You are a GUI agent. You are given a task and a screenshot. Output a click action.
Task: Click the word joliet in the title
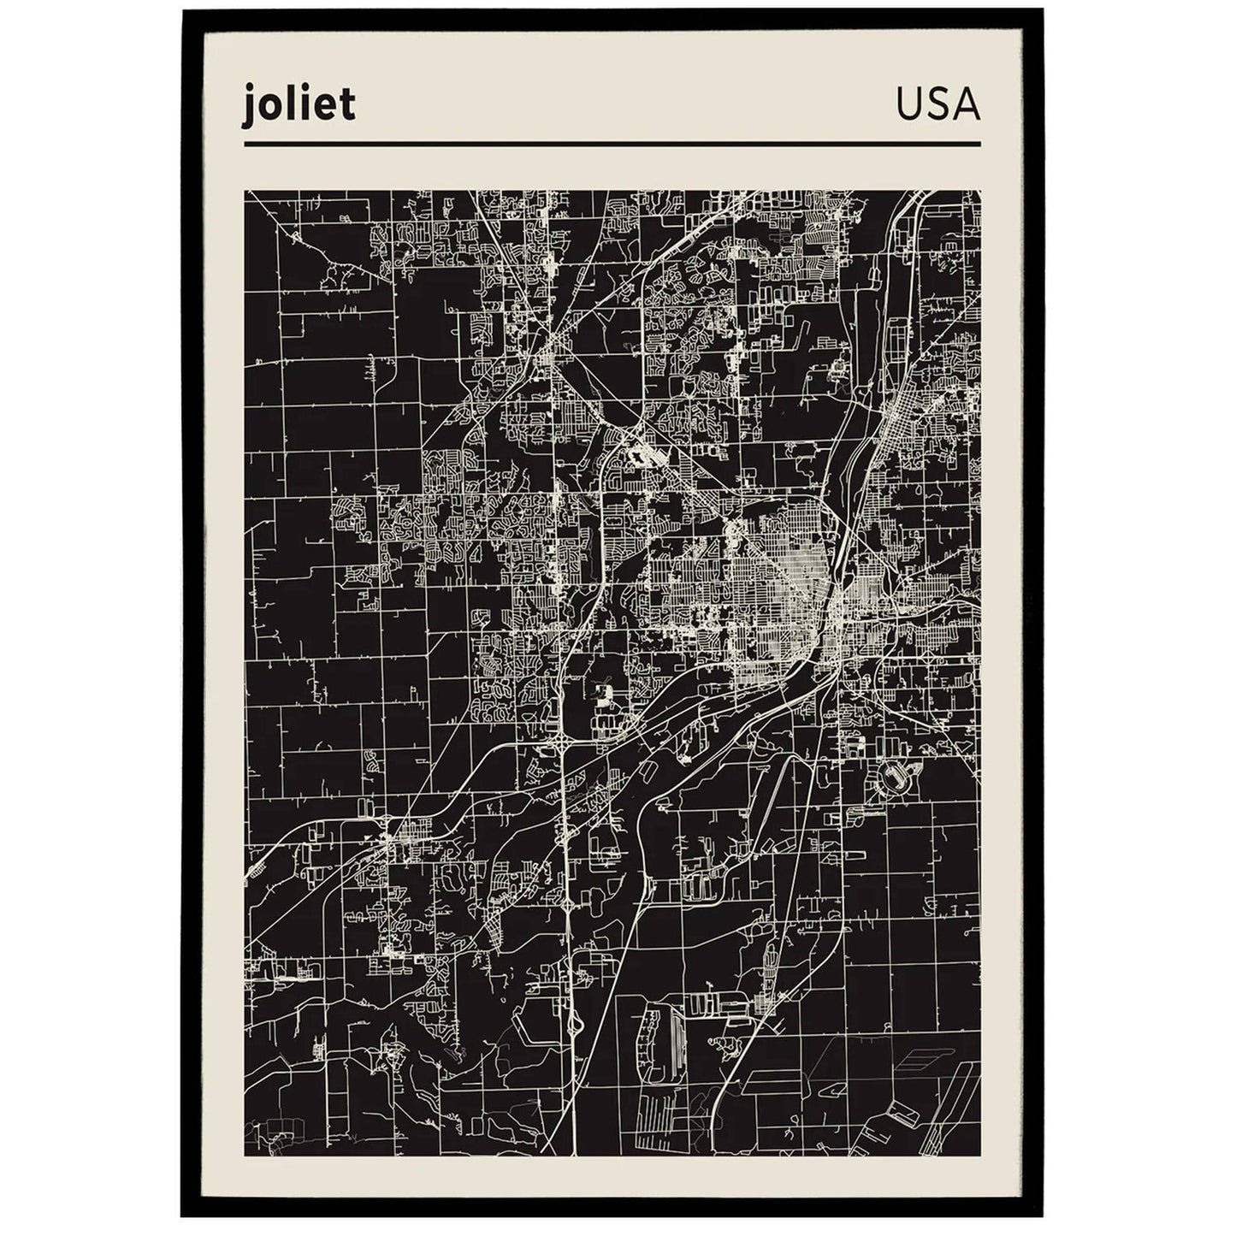click(299, 107)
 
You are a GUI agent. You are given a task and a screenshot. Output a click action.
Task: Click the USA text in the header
click(938, 106)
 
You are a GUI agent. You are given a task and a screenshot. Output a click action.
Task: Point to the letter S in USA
click(938, 106)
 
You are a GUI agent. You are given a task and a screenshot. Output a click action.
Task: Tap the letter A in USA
click(966, 106)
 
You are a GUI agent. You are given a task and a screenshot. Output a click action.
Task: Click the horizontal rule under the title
click(612, 144)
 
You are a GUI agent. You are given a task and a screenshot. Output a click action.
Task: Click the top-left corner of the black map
click(245, 192)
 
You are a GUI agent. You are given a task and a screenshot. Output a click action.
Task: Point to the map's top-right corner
click(980, 192)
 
